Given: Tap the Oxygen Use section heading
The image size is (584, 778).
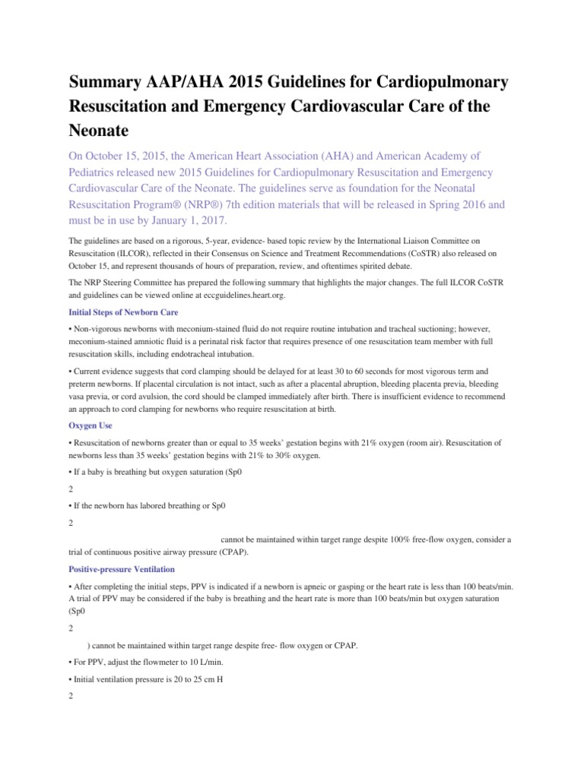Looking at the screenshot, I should pyautogui.click(x=90, y=425).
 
